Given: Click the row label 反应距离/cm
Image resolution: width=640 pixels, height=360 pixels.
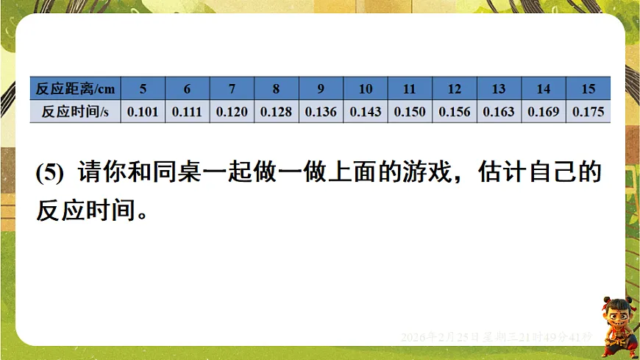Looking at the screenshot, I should point(75,89).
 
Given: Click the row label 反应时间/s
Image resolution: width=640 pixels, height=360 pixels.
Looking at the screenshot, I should point(75,112).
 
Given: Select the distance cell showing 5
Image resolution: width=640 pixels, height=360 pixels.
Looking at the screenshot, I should point(143,89).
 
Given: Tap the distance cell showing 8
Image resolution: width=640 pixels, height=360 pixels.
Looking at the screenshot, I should point(276,89).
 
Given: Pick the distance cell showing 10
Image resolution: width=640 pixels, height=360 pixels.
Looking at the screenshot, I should point(366,89).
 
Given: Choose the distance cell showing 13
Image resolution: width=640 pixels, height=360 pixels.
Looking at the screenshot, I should point(499,89).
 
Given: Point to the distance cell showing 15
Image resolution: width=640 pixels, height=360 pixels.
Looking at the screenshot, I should point(588,89).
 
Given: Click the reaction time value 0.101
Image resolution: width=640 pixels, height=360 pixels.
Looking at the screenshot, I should point(143,112).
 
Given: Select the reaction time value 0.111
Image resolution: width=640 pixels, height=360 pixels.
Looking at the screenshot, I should point(187,112).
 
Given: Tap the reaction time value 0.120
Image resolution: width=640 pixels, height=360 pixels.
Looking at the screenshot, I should point(232,112).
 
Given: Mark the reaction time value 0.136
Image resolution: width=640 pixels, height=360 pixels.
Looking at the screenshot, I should point(321,112).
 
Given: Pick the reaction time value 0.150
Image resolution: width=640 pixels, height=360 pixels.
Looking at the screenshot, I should point(410,112).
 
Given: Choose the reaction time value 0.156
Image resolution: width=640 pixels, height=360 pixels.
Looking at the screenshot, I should point(455,112).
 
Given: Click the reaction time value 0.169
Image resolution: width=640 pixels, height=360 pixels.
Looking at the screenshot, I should point(544,112).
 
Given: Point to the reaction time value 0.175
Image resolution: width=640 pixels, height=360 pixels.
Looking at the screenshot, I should point(588,112).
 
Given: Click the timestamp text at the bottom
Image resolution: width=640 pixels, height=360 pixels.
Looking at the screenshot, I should point(497,337).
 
